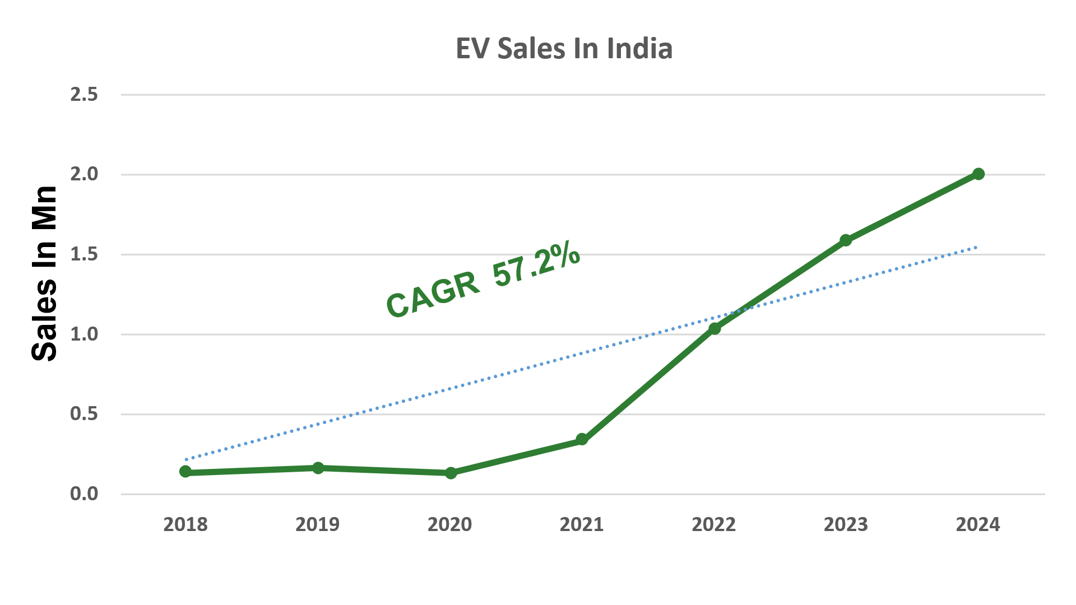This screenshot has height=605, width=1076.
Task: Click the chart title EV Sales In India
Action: point(564,49)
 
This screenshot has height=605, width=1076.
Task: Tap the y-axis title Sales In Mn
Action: point(45,273)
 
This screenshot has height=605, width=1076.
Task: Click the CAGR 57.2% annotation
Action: point(483,280)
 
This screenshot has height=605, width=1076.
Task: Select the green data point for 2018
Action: point(185,472)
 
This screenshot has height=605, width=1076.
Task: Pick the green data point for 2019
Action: point(318,468)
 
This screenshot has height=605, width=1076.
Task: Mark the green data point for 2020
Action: point(451,473)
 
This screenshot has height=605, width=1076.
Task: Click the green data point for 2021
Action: point(582,439)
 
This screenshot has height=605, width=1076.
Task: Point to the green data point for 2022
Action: point(715,328)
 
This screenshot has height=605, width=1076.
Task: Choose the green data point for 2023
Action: point(846,240)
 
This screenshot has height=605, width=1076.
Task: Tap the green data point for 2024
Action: point(978,174)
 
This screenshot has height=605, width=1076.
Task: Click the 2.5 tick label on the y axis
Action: point(84,95)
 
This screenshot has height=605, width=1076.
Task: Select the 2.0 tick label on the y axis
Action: point(84,174)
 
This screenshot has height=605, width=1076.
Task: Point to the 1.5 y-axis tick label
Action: point(84,254)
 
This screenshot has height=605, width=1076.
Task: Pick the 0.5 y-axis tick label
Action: point(84,414)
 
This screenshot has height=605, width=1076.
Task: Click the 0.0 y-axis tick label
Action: point(84,494)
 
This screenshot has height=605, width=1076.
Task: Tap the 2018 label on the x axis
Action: point(185,524)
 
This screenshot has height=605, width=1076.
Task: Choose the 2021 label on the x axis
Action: point(582,524)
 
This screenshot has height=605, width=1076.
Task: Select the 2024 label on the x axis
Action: point(978,524)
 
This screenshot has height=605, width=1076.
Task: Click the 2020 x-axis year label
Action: point(450,524)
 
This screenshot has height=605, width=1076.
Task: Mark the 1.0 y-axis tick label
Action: point(84,334)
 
